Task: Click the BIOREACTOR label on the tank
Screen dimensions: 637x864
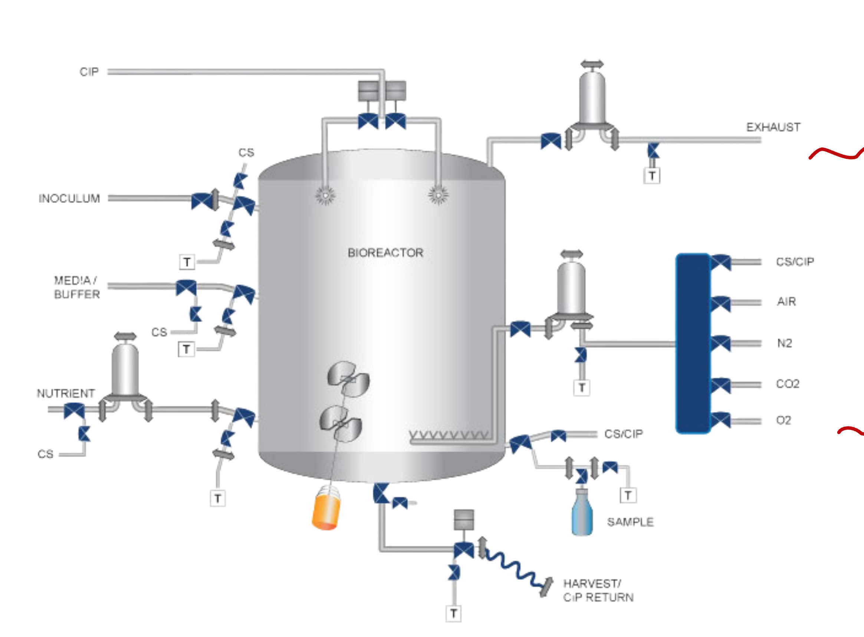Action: pos(385,253)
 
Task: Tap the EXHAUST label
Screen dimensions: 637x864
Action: pos(773,127)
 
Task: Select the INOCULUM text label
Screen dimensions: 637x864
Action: pos(69,198)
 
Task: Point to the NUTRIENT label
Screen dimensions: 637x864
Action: pos(66,393)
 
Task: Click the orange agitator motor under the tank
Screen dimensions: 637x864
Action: pos(326,509)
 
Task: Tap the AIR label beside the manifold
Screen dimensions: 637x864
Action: pos(786,301)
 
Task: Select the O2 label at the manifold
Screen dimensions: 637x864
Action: pos(783,419)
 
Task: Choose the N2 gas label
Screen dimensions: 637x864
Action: pos(785,343)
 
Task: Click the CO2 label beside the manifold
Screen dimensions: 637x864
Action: pos(788,384)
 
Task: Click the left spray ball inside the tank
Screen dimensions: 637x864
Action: pos(325,195)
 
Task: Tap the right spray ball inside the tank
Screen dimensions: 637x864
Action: pos(438,195)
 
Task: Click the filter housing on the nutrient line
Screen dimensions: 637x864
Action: pos(125,368)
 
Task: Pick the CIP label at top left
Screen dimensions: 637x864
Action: pos(89,72)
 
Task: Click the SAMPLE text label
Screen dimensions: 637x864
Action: pos(630,522)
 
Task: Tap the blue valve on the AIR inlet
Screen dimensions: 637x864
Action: pos(720,303)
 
